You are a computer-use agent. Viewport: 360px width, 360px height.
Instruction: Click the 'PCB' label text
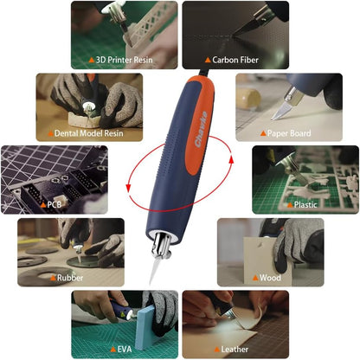click(54, 205)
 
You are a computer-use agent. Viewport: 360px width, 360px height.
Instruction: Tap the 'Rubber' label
click(69, 278)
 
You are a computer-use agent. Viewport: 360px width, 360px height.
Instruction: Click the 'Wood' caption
click(270, 278)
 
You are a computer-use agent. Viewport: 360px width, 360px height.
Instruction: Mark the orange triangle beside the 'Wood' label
click(254, 278)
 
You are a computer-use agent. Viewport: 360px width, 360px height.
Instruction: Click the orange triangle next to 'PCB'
click(41, 205)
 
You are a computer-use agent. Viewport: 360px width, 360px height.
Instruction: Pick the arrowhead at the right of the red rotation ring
click(228, 157)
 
